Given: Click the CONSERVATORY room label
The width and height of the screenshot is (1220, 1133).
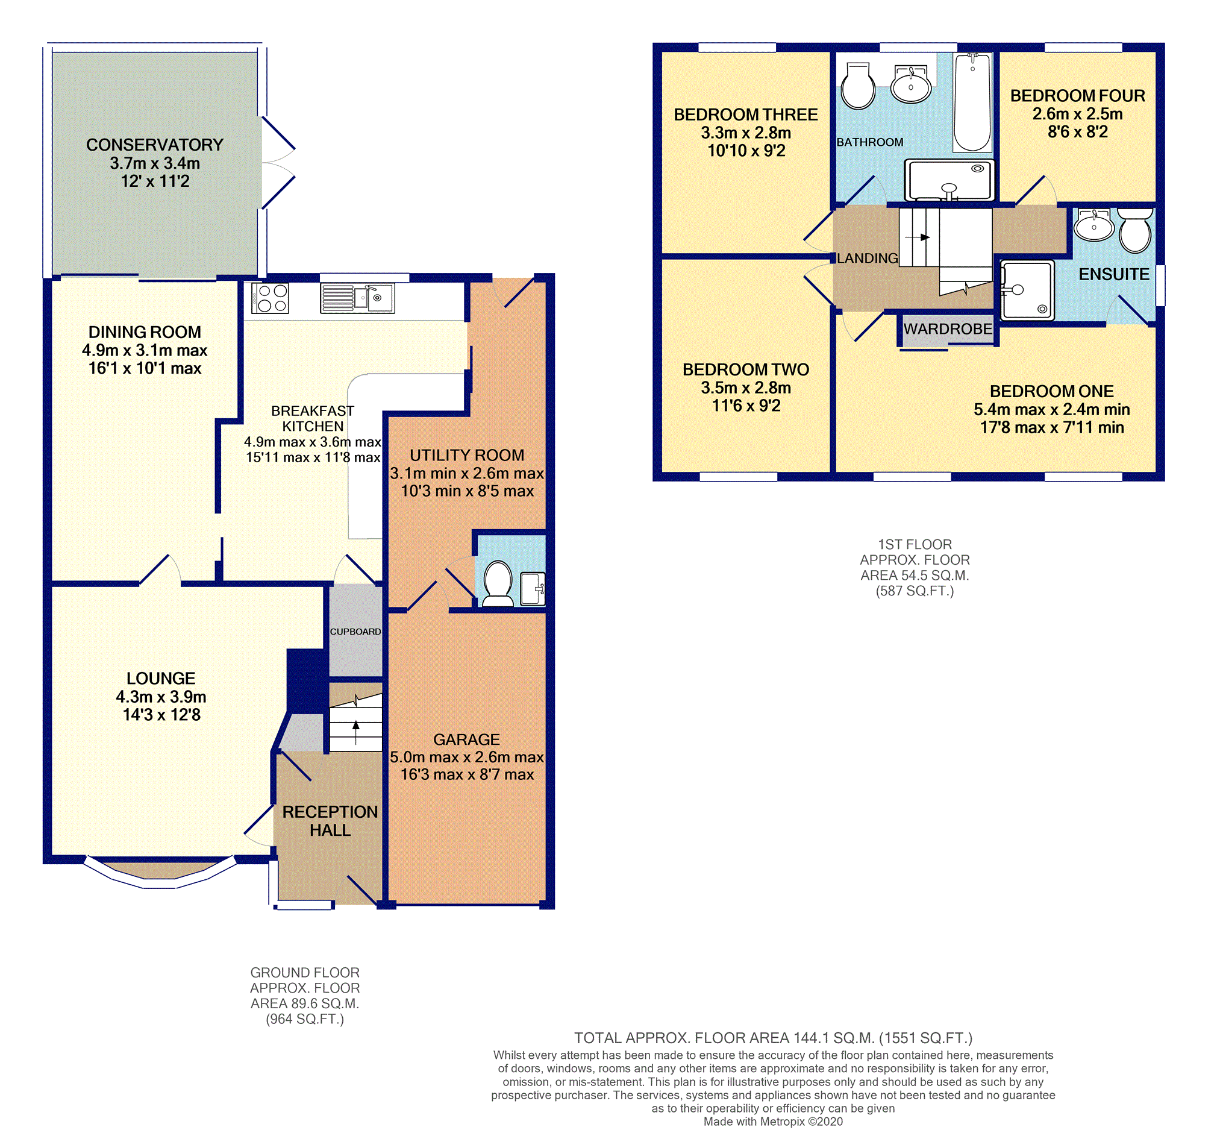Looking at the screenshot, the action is pos(154,145).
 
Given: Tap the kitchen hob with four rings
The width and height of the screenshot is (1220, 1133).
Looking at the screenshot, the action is pos(270,298).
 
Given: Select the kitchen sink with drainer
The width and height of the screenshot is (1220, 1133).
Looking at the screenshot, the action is pos(357,298).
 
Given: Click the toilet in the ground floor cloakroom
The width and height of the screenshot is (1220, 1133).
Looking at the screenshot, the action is pos(498,583).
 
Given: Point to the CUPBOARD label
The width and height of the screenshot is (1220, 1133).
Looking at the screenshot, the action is pos(355,632).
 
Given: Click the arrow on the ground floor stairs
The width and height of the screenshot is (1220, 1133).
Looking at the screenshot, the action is pos(356,733).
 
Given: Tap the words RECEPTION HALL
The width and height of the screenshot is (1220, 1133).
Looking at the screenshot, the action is pos(330,820).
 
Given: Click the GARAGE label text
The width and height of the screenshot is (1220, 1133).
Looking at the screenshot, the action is pos(466,739).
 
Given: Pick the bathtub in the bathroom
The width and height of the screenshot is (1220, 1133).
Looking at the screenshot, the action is pos(972,102).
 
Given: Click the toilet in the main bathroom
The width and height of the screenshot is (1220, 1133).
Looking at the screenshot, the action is pos(858,86).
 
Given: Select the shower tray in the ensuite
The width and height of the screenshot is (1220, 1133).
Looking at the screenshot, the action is pos(1027,290).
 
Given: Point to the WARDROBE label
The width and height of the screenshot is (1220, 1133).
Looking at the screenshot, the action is pos(947,328).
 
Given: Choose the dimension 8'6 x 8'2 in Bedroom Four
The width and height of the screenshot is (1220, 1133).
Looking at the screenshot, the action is pos(1077,132).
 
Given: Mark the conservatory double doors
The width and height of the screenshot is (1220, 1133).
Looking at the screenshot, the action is pos(278,163).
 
